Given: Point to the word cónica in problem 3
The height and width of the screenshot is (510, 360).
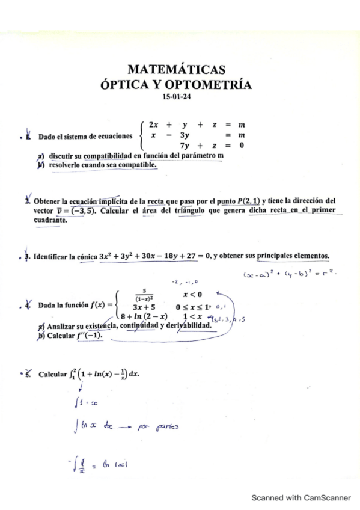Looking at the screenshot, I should coord(87,257).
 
